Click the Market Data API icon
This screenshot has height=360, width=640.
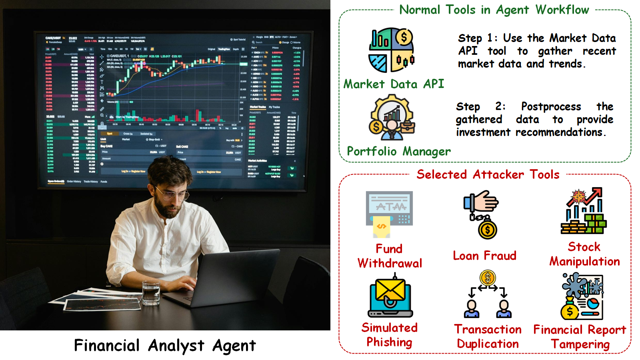[391, 50]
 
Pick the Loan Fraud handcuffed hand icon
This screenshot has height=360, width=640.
[482, 214]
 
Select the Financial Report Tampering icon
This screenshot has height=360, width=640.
[582, 296]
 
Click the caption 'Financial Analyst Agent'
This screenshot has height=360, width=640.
[165, 346]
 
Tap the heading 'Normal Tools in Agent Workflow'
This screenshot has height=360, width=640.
[494, 10]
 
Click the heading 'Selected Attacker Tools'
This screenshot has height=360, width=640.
[488, 174]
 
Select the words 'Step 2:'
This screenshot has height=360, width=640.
[480, 106]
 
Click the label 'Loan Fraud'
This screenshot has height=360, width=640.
[484, 256]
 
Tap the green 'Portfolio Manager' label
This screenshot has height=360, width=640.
[399, 151]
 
